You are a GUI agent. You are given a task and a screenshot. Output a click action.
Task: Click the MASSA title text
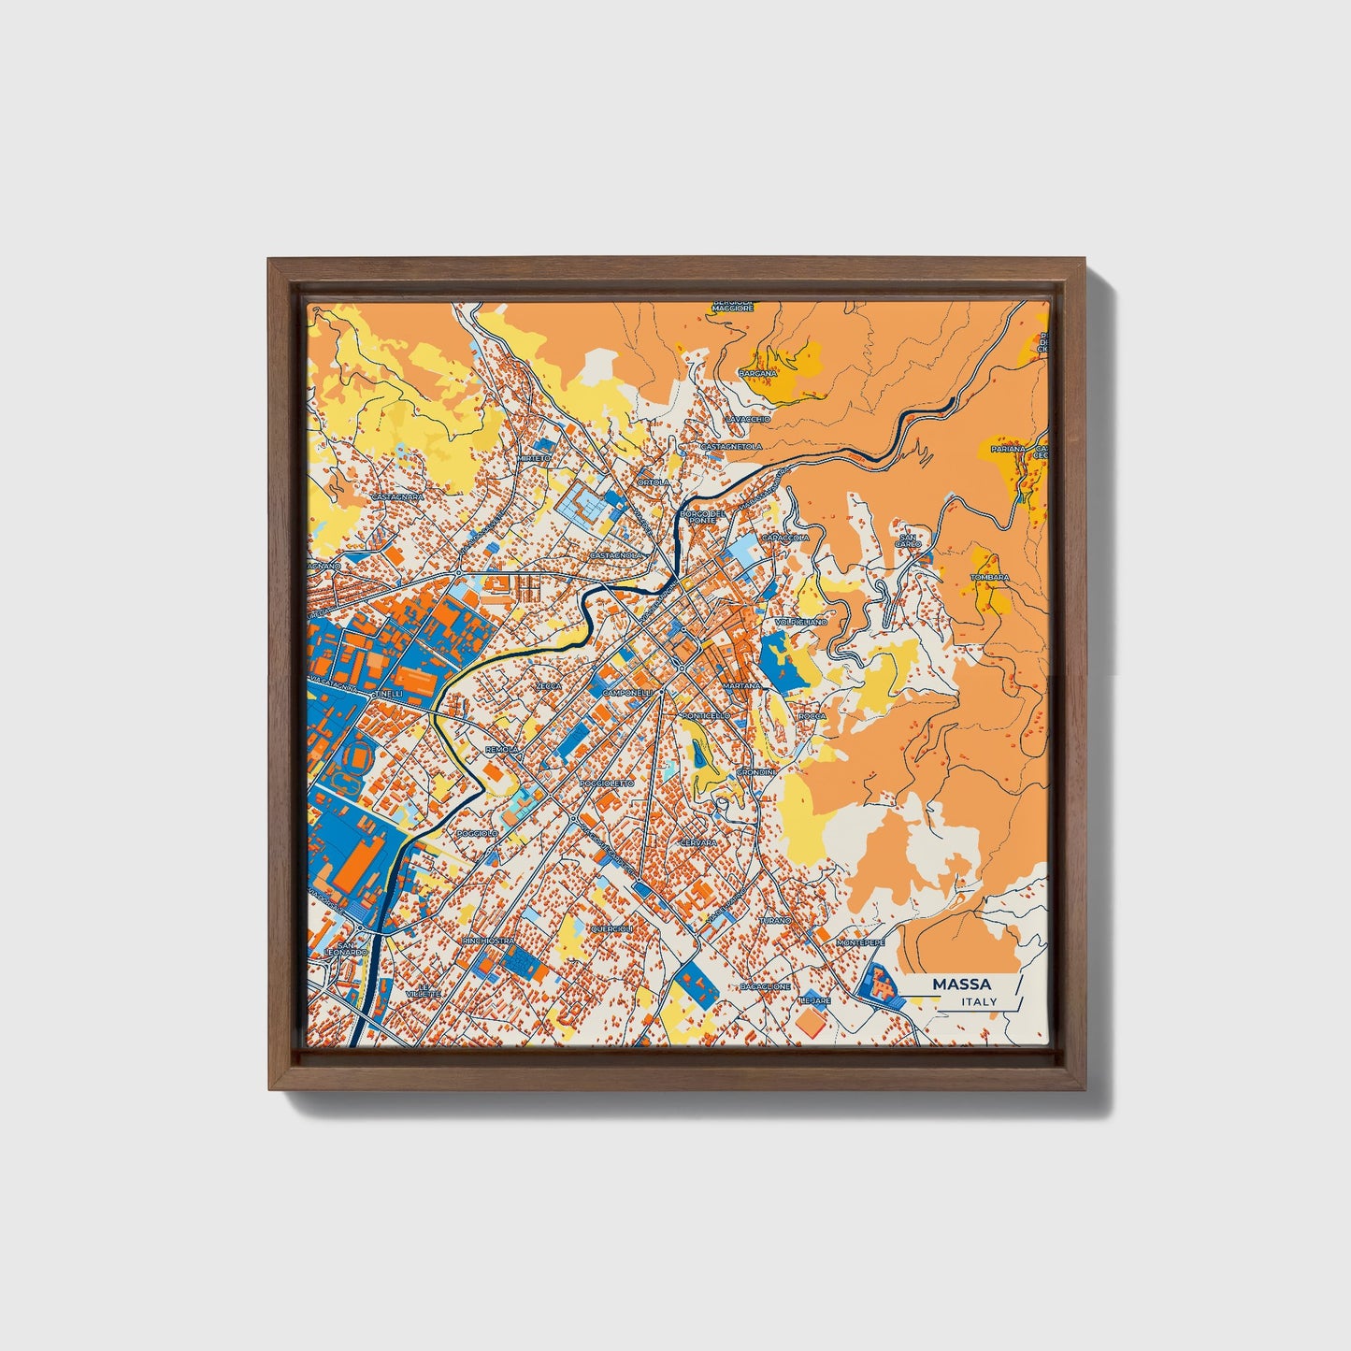coord(962,985)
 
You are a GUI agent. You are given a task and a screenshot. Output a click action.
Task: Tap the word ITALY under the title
coord(978,1001)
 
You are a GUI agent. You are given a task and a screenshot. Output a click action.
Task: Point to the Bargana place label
coord(757,373)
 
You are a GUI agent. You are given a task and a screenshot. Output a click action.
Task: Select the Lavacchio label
coord(747,419)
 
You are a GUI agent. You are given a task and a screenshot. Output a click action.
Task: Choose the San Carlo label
coord(909,540)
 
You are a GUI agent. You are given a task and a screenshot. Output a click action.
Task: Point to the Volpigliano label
coord(801,621)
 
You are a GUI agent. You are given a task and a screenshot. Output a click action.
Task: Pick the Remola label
coord(502,750)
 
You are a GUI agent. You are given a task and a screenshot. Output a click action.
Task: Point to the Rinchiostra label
coord(488,940)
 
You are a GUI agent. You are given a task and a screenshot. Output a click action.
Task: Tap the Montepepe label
coord(860,942)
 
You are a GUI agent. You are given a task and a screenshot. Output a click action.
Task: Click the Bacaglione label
coord(765,986)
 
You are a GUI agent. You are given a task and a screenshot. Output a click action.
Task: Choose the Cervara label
coord(699,842)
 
